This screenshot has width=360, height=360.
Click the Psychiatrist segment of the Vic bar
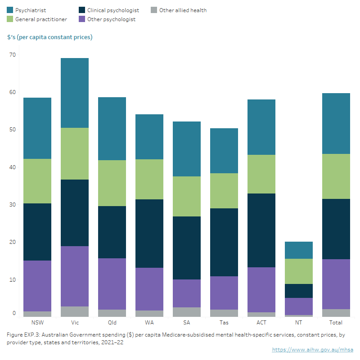[75, 93]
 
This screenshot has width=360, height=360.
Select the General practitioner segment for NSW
[37, 181]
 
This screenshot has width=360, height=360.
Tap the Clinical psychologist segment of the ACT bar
[261, 230]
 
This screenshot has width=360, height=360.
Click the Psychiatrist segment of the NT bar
[299, 250]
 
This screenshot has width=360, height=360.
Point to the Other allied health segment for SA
[187, 312]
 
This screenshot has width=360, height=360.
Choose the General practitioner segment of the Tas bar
[224, 191]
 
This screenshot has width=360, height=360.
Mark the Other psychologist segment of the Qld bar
[112, 284]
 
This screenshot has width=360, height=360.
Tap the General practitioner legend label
[41, 19]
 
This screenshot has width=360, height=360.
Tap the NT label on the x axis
[299, 323]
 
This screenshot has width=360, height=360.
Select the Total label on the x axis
[336, 323]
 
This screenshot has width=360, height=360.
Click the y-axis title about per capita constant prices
[50, 37]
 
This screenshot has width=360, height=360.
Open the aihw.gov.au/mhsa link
[312, 350]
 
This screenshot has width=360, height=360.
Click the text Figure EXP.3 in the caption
[22, 335]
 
